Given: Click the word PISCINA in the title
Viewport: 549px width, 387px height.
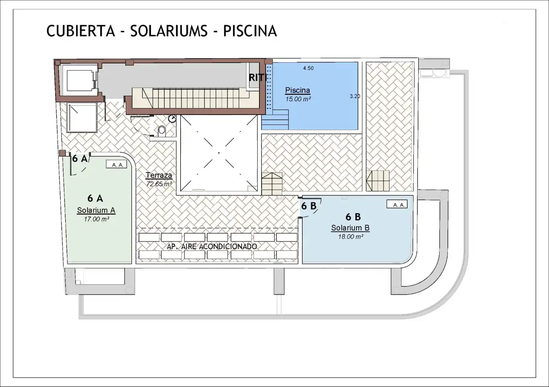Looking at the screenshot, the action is (x=250, y=31).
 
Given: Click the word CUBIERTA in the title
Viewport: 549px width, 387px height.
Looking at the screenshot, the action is (x=81, y=31).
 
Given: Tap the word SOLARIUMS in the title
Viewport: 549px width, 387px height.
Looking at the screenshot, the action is (x=169, y=31).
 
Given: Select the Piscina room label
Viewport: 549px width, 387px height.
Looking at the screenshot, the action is (x=298, y=90).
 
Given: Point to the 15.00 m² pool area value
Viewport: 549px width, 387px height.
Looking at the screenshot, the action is (x=298, y=99).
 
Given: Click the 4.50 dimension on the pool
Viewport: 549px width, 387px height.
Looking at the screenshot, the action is (x=308, y=68).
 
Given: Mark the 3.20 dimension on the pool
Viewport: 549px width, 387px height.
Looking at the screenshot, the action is (x=355, y=96).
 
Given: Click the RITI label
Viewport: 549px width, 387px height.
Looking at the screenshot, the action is (x=257, y=78).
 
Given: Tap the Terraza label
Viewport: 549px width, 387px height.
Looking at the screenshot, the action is (x=159, y=175).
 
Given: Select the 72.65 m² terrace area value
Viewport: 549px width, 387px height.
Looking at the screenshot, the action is (x=159, y=184).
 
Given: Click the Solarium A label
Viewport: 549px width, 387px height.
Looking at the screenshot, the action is (x=96, y=210).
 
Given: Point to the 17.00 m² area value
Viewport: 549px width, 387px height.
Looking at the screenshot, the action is (x=97, y=219).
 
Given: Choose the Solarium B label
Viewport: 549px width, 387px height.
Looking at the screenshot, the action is (x=350, y=228).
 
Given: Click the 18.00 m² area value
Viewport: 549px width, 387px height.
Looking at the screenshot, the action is (x=350, y=237).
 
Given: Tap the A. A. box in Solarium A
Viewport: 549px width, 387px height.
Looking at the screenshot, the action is (x=116, y=164).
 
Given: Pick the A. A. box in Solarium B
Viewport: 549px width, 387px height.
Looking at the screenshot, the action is (x=397, y=204).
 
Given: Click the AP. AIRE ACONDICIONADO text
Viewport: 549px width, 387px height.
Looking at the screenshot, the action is (x=212, y=247).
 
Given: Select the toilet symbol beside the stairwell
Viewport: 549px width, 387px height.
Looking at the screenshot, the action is (x=162, y=131).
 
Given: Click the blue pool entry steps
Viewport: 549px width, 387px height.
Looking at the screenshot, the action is (x=275, y=119).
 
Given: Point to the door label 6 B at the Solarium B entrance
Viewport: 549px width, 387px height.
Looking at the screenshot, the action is (x=309, y=206).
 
